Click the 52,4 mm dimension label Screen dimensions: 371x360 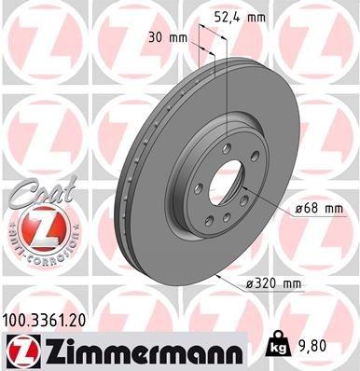click(259, 16)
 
